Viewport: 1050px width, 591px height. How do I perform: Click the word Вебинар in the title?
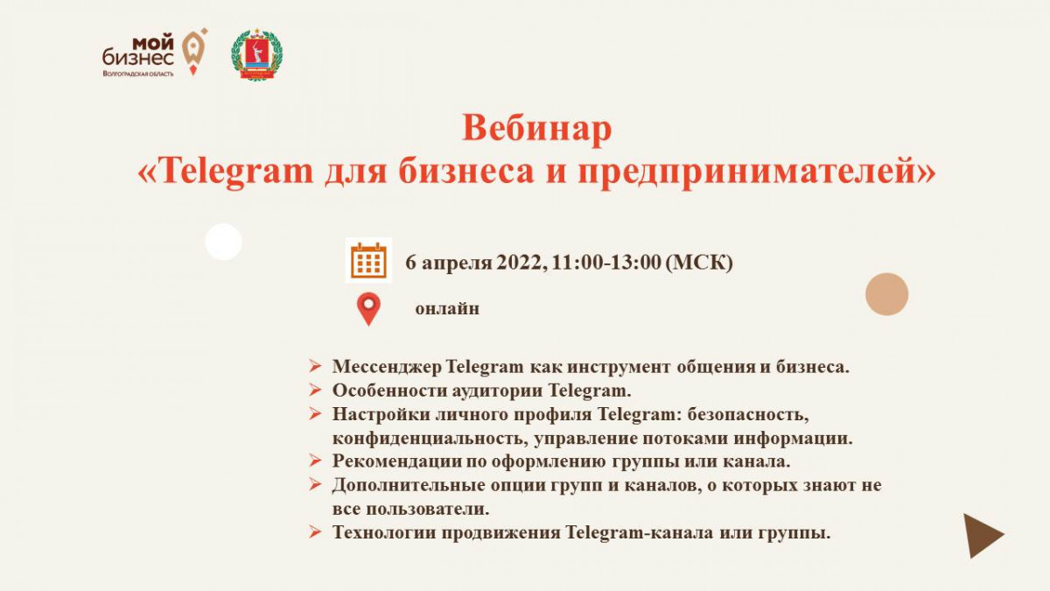coord(536,128)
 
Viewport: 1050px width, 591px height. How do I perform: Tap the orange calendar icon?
coord(368,260)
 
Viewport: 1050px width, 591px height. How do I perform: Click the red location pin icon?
coord(368,309)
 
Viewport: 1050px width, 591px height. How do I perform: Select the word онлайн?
coord(447,308)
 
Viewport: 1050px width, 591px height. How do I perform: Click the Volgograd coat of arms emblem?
coord(257,55)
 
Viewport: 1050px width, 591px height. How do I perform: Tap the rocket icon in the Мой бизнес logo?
coord(194,52)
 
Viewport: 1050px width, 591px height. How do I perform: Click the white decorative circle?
coord(224,242)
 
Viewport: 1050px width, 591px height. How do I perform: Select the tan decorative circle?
coord(887,294)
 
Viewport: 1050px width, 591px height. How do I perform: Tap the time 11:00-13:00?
coord(606,263)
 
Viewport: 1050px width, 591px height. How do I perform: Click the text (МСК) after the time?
coord(699,263)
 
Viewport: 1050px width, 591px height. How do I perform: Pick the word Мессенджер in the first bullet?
coord(387,367)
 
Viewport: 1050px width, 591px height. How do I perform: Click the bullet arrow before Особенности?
coord(315,390)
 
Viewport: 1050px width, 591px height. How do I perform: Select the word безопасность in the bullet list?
coord(749,415)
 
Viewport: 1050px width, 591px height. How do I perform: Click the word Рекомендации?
coord(397,461)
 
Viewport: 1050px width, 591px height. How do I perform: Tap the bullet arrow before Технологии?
coord(315,532)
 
